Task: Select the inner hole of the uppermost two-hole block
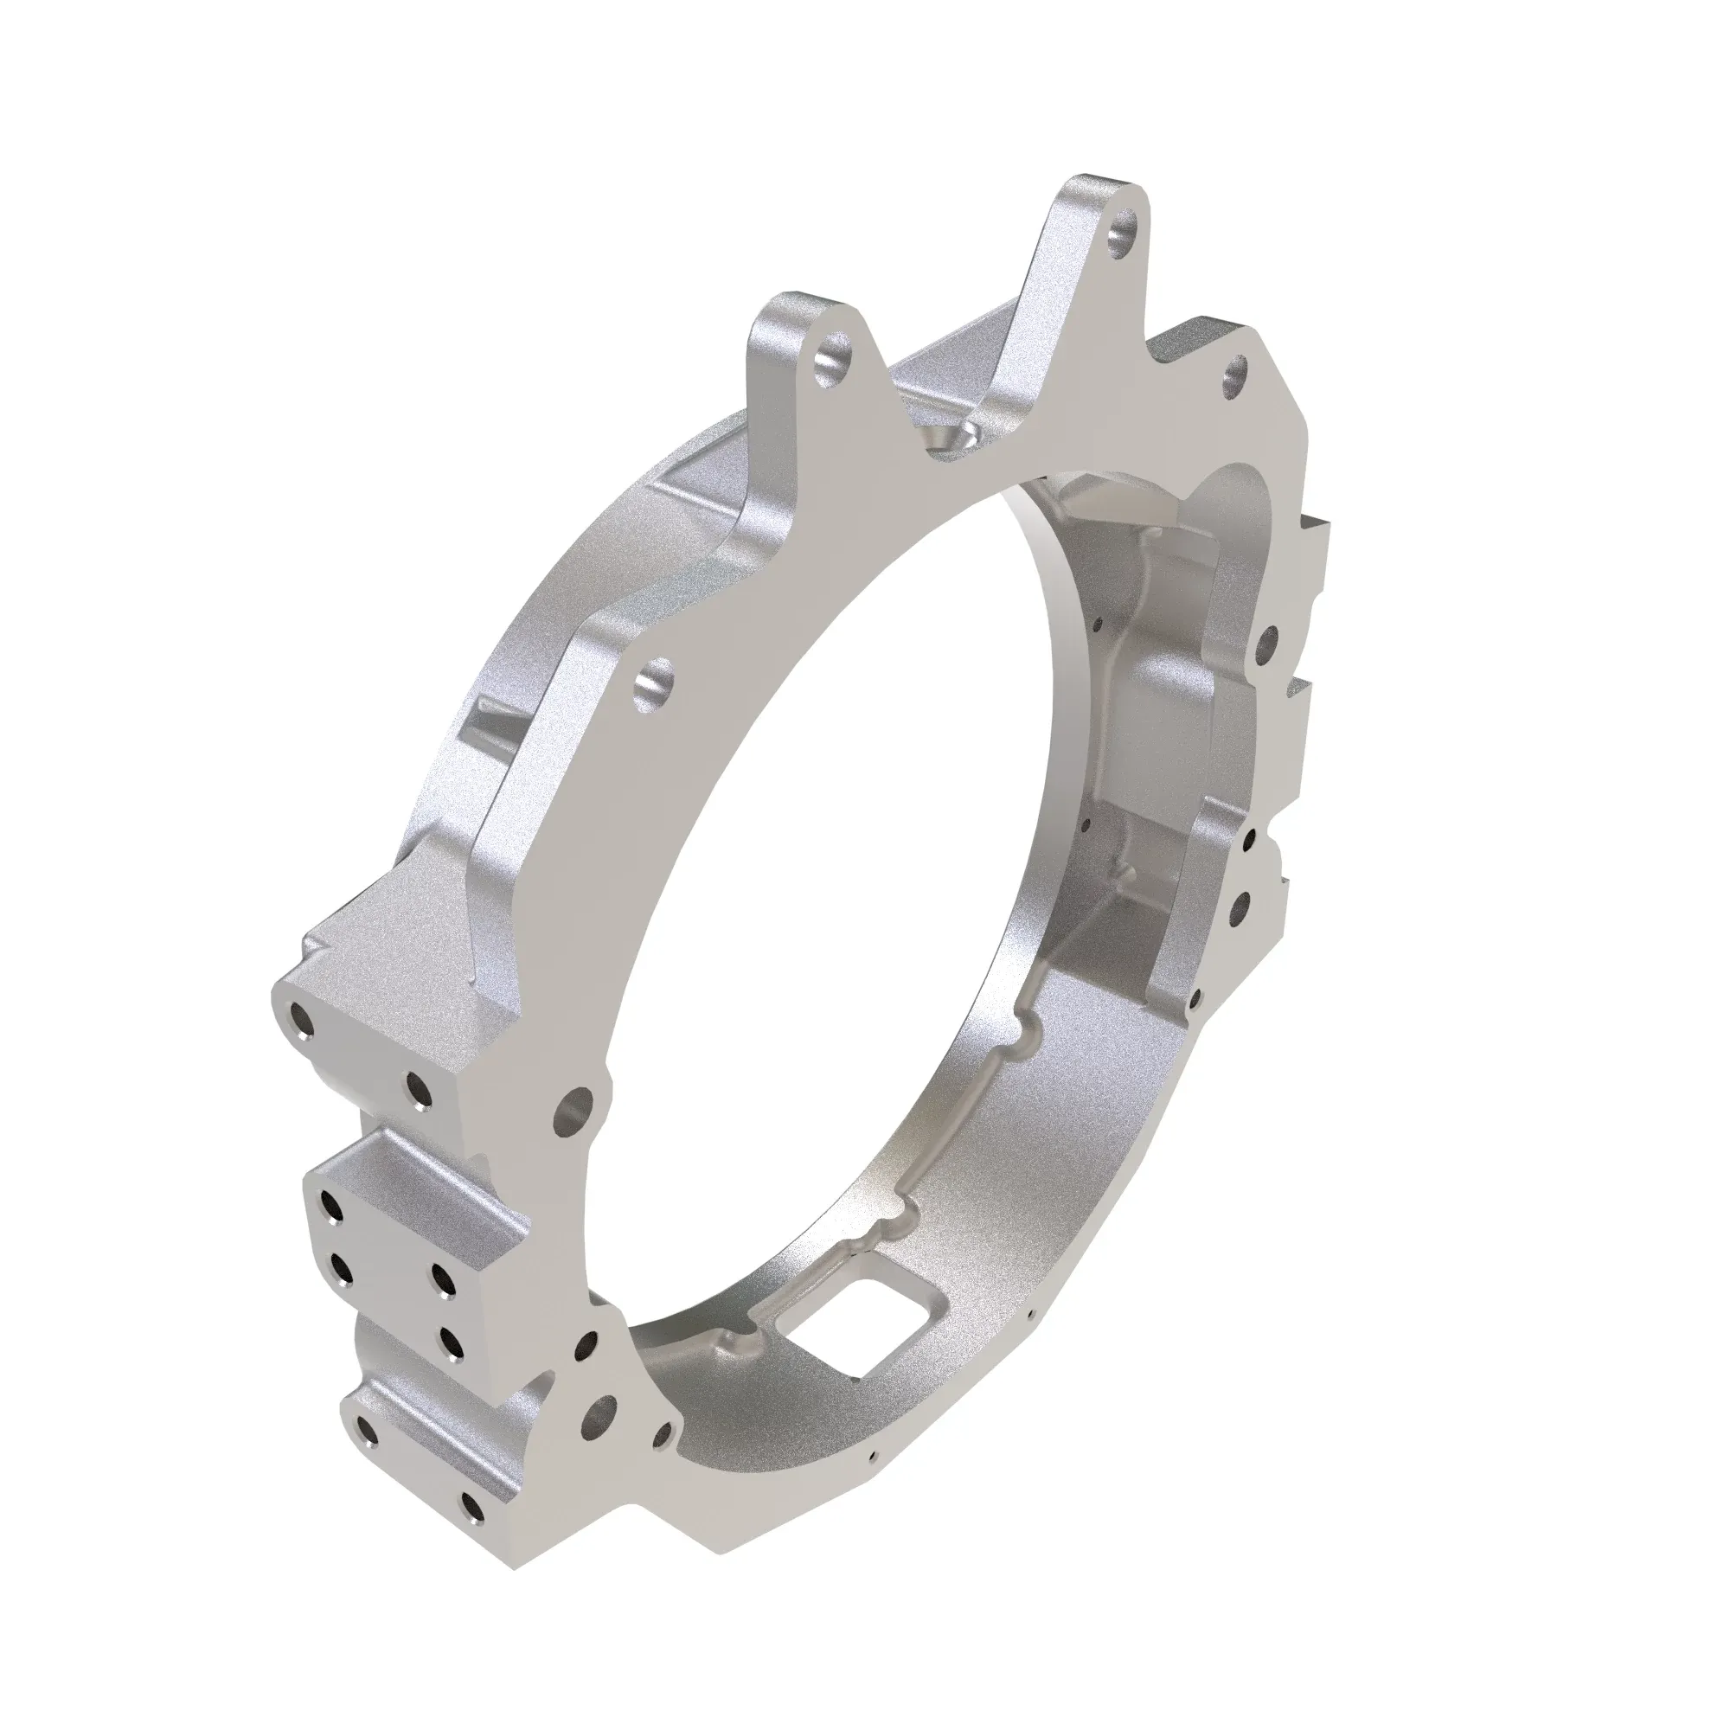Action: pos(417,1089)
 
